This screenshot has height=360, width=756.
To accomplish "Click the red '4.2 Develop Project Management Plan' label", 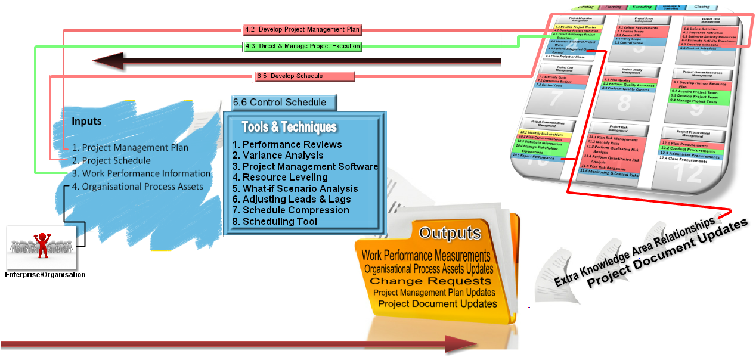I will [x=302, y=29].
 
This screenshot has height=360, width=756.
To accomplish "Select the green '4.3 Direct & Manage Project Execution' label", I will [x=302, y=46].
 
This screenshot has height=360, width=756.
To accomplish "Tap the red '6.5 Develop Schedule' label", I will [x=305, y=76].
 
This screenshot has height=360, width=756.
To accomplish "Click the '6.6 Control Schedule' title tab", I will [x=280, y=102].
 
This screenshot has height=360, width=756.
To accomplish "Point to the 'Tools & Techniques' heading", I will [x=289, y=127].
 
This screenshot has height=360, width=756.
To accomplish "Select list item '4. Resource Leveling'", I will [x=280, y=177].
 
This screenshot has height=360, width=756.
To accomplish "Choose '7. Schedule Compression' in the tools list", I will [x=291, y=210].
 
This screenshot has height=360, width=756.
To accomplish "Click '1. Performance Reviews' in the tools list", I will [x=287, y=144].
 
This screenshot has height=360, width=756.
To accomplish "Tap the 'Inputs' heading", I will [x=86, y=122].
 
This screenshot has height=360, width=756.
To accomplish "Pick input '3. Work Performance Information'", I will [x=141, y=173].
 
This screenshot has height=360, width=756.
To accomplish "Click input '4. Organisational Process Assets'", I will [x=137, y=187].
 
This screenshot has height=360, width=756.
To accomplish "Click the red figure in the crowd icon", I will [x=42, y=244].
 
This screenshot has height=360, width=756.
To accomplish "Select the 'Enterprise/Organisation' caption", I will [x=45, y=275].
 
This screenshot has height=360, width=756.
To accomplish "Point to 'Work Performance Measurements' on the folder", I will [x=426, y=256].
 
